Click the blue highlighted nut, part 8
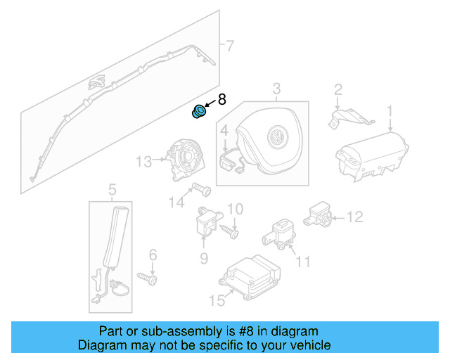coord(200,112)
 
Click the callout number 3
coord(276,89)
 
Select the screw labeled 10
coord(231,229)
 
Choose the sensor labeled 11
coord(283,232)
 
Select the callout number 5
coord(111,189)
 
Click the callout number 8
coord(221,100)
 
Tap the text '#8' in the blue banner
coord(237,331)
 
